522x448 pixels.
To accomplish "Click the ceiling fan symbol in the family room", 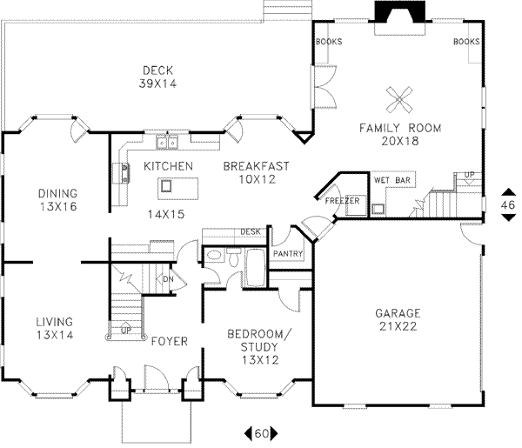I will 399,99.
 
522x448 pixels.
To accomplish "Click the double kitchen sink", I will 166,142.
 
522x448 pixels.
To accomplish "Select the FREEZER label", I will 343,201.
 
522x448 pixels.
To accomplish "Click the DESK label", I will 251,231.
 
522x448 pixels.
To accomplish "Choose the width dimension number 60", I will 261,432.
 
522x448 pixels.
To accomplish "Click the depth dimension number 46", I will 509,204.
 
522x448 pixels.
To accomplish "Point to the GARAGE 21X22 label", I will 398,319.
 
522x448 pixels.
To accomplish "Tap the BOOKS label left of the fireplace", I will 329,42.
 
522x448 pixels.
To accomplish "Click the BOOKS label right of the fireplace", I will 466,42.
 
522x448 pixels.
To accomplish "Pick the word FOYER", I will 169,341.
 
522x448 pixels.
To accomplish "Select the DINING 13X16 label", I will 57,200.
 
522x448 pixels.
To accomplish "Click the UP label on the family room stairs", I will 470,175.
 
